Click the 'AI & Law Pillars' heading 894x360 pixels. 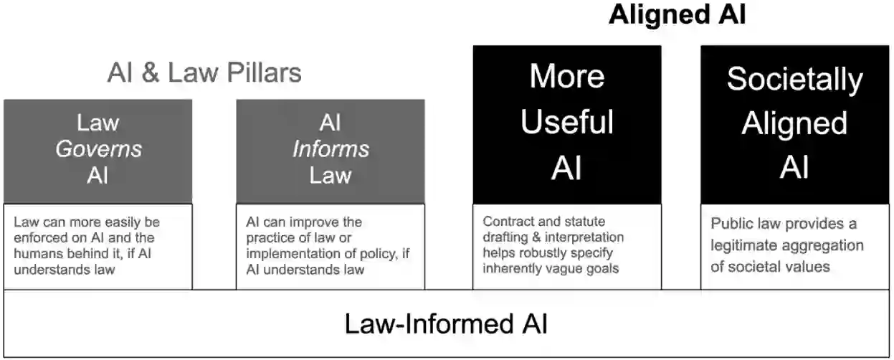tap(204, 72)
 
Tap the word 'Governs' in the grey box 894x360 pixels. tap(98, 149)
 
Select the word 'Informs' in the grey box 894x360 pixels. tap(331, 149)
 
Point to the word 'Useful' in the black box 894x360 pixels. tap(567, 123)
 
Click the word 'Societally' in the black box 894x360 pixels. tap(794, 79)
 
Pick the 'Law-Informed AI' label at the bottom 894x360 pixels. tap(446, 323)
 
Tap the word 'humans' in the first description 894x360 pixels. tap(38, 253)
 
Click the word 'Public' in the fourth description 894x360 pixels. tap(731, 224)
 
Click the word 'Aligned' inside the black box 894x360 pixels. tap(794, 123)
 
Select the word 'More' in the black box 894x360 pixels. tap(567, 77)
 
